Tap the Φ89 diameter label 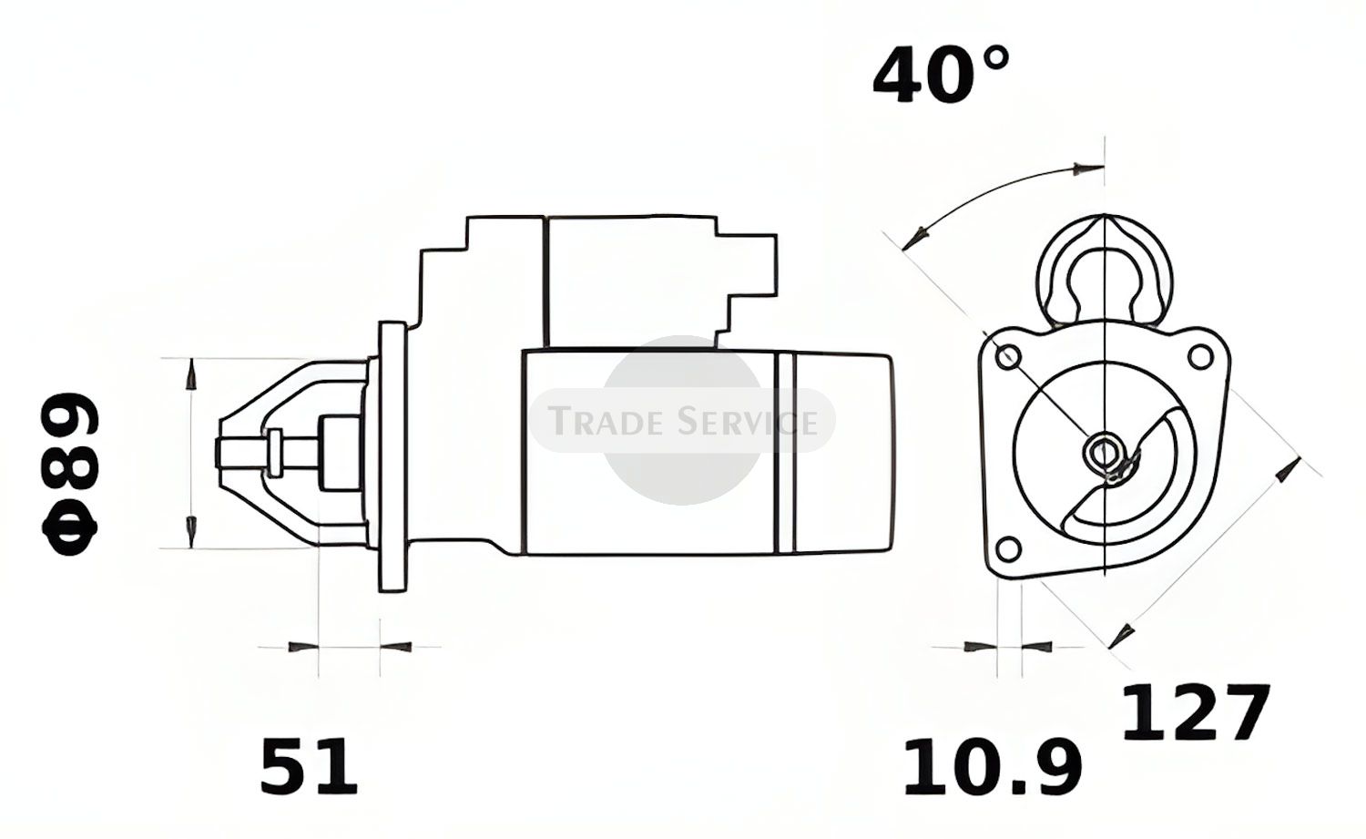coord(69,474)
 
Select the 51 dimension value coord(309,766)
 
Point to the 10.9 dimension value coord(993,767)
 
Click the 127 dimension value coord(1196,712)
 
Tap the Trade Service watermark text coord(683,422)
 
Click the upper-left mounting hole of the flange coord(1008,357)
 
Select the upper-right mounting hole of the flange coord(1201,357)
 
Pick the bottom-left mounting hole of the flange coord(1008,547)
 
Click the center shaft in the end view coord(1102,452)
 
